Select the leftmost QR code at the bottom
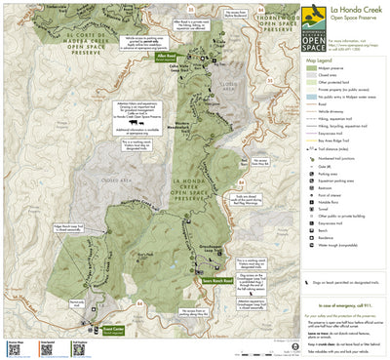(x=15, y=347)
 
